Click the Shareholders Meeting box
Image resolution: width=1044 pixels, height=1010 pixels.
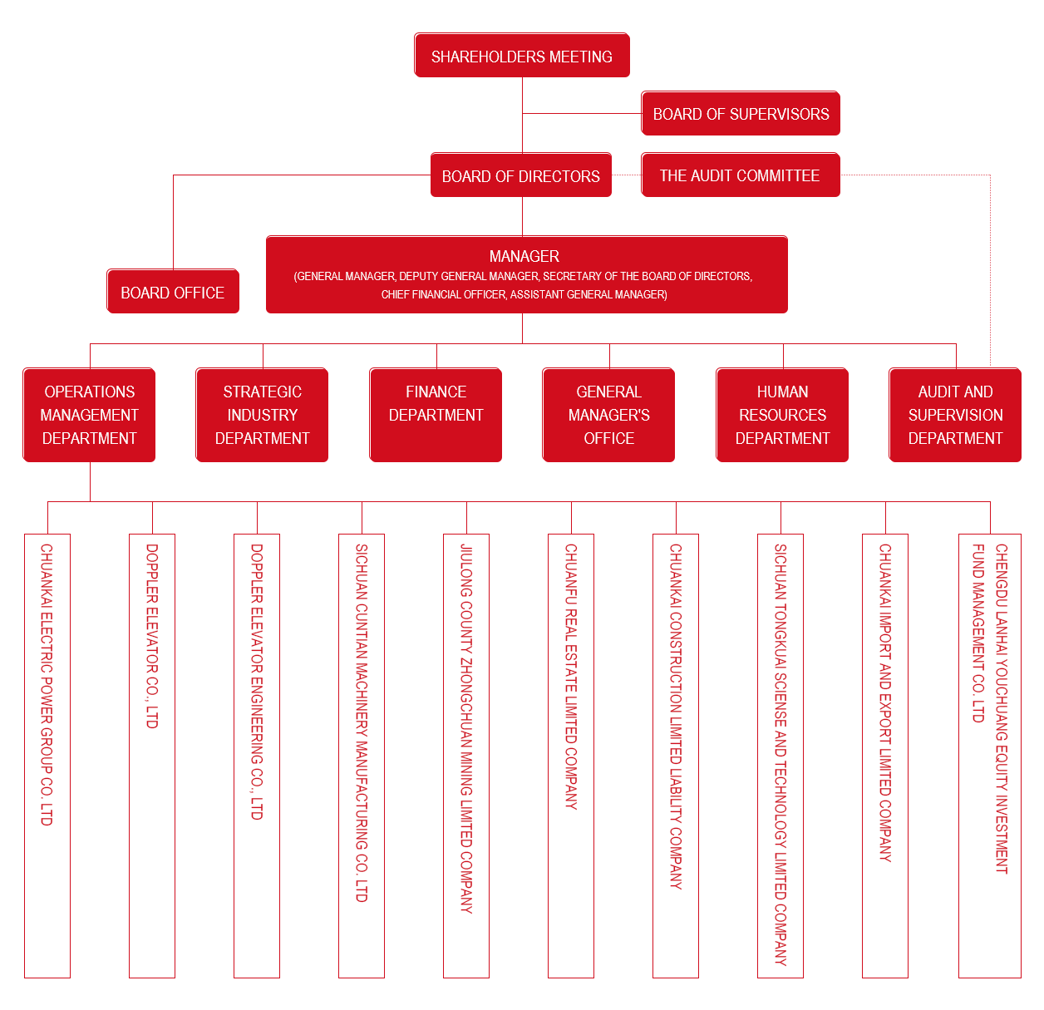522,56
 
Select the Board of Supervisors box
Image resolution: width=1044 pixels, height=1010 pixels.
741,114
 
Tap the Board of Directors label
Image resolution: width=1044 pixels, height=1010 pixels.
521,176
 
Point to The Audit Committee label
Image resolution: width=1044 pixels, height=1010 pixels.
740,175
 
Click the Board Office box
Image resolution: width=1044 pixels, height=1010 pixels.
173,292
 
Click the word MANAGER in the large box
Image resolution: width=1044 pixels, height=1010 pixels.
524,256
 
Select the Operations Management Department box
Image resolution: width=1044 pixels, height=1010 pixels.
89,415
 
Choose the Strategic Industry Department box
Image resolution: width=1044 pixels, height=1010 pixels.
262,415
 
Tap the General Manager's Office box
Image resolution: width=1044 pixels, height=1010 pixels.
608,415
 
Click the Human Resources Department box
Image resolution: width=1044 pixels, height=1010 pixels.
782,415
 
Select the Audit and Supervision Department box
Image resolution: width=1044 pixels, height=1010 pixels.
955,415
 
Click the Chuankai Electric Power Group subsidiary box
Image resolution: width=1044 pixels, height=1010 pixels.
47,756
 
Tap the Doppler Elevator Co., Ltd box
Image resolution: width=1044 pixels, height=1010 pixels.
152,756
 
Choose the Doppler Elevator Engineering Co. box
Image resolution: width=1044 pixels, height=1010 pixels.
257,756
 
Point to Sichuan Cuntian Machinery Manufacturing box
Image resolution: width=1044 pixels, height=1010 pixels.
362,756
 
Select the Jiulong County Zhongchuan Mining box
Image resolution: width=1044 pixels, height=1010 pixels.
466,756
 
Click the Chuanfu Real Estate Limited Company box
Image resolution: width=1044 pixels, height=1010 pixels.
571,756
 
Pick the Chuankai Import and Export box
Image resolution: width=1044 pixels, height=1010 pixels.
885,756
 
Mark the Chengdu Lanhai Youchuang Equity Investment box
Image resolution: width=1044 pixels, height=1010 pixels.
990,756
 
